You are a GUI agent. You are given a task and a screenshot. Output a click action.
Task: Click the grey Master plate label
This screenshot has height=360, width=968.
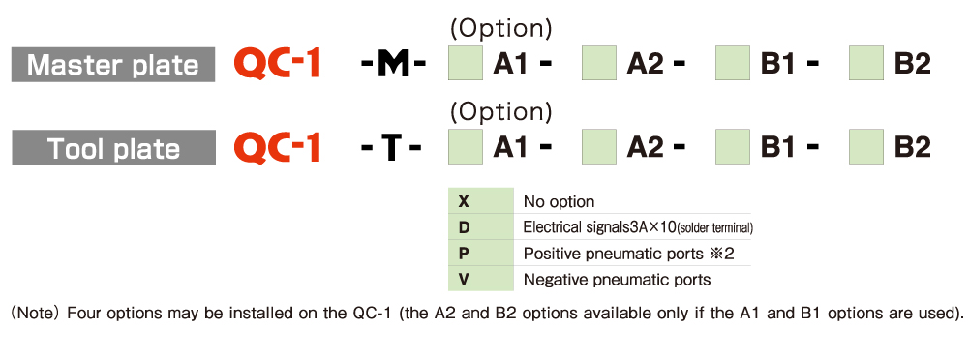[113, 64]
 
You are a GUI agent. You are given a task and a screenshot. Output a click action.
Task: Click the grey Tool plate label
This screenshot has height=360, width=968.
[113, 148]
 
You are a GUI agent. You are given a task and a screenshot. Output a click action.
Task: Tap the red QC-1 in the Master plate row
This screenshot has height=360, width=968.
[277, 64]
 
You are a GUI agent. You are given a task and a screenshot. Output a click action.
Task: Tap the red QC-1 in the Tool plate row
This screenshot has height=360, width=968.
[277, 148]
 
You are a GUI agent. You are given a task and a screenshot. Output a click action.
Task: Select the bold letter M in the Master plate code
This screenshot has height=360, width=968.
[394, 65]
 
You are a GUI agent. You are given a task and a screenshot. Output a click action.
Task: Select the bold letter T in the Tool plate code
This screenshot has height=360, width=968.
[391, 148]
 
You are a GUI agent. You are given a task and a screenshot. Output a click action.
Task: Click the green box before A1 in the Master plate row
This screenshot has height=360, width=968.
[465, 63]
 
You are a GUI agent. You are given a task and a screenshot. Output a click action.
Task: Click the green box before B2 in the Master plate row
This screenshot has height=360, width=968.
[866, 63]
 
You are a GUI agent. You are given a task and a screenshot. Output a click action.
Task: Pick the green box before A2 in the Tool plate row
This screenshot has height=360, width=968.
[599, 146]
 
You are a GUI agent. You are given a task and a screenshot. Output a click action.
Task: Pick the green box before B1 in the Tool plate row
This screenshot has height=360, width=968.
[733, 146]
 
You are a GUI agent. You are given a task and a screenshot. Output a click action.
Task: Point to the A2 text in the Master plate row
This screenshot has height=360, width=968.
[646, 64]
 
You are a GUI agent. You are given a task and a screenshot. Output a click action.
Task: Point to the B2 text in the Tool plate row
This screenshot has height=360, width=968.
[912, 148]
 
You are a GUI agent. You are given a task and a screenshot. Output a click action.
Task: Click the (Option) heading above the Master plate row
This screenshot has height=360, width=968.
[500, 28]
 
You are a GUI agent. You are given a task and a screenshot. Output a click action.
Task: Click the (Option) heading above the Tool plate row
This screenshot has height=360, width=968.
[500, 111]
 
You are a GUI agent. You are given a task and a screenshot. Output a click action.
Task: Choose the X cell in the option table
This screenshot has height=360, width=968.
[481, 200]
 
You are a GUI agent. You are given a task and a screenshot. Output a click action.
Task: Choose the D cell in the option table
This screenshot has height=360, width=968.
[481, 227]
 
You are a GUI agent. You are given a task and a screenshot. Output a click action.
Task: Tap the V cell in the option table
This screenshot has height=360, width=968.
[481, 279]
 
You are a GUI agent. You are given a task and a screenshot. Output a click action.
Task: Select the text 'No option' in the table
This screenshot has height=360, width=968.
[559, 202]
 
